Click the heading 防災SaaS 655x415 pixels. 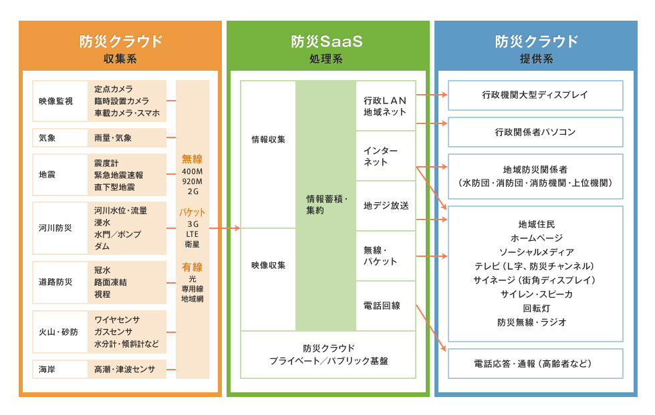[327, 41]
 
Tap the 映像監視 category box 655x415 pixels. [60, 101]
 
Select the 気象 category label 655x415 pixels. [47, 138]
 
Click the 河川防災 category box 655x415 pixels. [60, 228]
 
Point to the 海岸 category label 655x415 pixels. [47, 370]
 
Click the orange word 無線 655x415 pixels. [192, 159]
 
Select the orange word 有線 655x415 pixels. [192, 267]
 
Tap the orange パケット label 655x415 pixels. [192, 212]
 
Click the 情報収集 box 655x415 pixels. [268, 154]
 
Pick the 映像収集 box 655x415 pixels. [268, 280]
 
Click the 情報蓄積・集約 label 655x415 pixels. [327, 205]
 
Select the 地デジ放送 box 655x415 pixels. [386, 205]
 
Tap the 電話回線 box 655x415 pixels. [386, 306]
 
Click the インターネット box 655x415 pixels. [386, 156]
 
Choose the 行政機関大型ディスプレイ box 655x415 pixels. [535, 95]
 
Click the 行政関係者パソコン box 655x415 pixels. [535, 132]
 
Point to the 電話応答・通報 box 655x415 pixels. [535, 364]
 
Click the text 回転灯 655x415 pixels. [536, 309]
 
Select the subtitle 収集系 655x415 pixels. [120, 59]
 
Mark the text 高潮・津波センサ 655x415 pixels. [124, 370]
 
